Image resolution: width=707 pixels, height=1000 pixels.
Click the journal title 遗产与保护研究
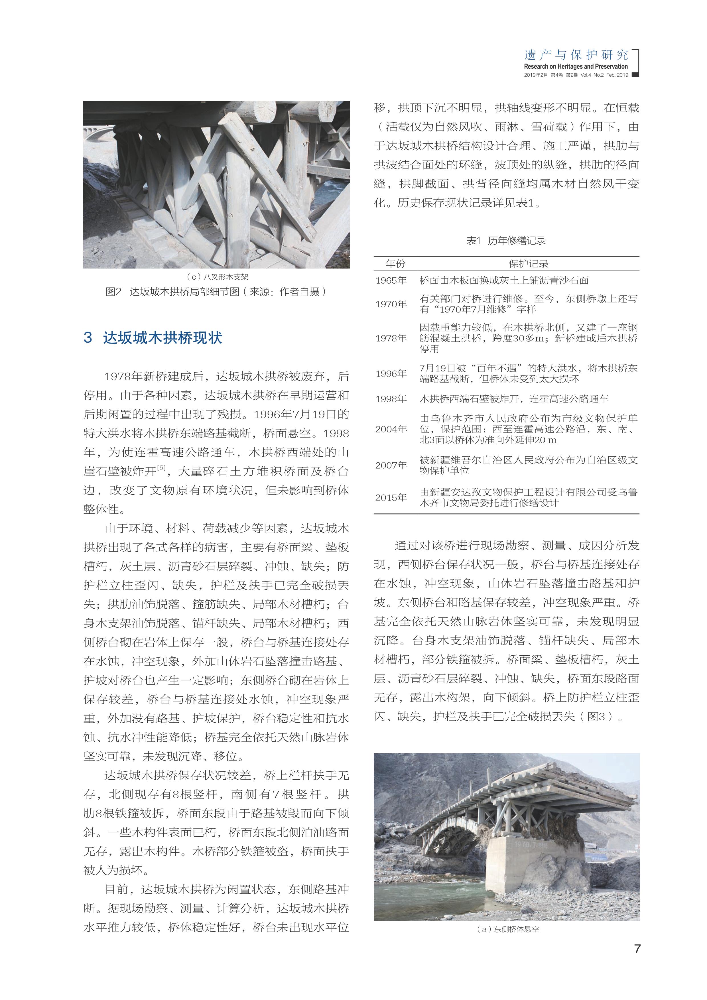(576, 55)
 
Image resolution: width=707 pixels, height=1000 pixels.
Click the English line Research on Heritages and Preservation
(576, 67)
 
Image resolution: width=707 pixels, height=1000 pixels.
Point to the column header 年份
(395, 263)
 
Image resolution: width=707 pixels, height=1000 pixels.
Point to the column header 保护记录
(529, 263)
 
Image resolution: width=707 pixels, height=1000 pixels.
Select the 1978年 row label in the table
(391, 338)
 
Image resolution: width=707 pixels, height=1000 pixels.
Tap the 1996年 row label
(391, 374)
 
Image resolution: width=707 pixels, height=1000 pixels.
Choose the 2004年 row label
(391, 429)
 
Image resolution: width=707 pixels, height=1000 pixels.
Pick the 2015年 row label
(391, 497)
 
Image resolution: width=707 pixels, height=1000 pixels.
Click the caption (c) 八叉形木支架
(216, 277)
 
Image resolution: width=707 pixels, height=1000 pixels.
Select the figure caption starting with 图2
(216, 292)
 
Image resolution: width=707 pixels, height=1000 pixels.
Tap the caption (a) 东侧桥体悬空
(507, 929)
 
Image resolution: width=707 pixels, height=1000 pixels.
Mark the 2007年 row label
(391, 465)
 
